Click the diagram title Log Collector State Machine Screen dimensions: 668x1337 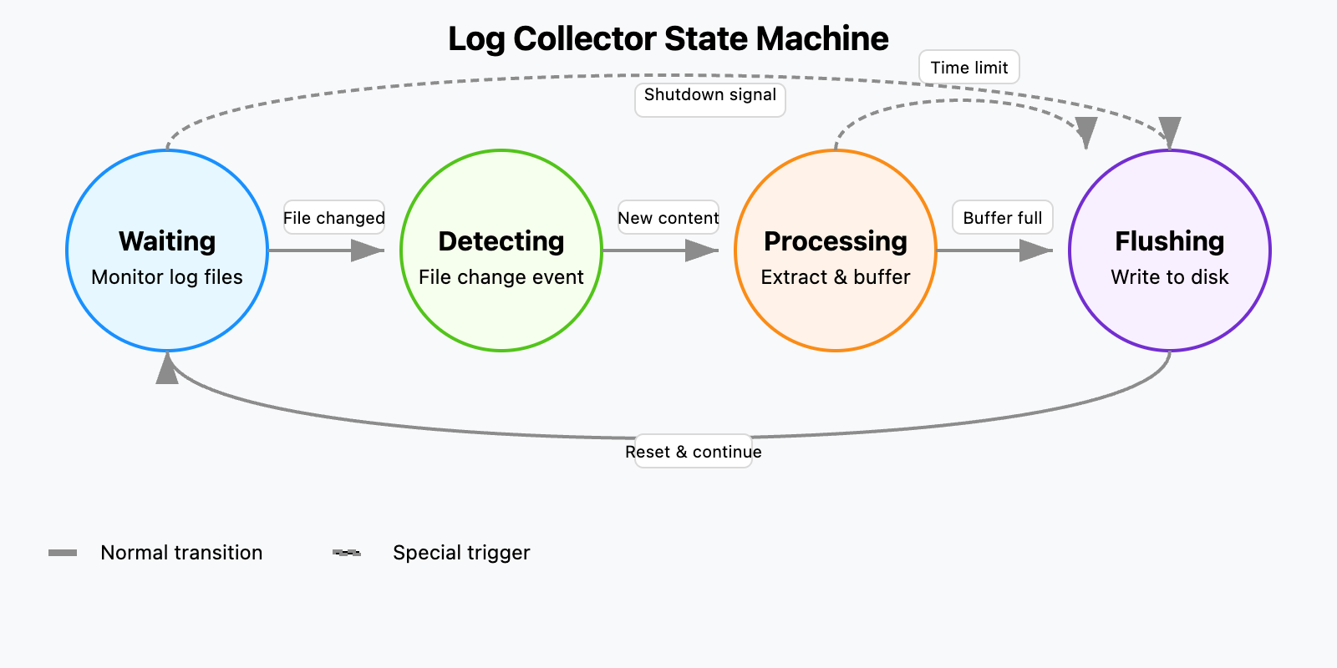click(668, 39)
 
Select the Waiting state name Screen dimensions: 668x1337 click(167, 241)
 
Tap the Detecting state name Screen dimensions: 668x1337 click(501, 241)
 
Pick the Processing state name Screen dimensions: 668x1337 click(836, 241)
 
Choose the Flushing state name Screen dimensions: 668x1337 click(1170, 241)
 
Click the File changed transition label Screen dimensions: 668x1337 click(334, 218)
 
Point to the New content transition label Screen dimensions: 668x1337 click(668, 218)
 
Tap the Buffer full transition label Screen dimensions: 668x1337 click(1003, 218)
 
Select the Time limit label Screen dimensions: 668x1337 click(969, 68)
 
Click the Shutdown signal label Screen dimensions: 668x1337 click(710, 95)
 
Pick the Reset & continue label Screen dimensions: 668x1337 click(694, 452)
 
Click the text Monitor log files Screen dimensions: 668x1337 click(167, 277)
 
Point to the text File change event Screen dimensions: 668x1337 click(501, 277)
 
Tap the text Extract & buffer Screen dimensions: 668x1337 click(836, 277)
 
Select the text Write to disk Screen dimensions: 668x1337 click(1170, 277)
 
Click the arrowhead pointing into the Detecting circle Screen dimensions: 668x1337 click(369, 250)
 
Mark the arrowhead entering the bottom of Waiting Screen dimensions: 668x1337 click(167, 369)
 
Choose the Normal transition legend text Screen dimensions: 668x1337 click(181, 553)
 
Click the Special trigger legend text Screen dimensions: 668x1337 click(461, 553)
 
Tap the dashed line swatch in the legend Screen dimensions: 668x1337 click(347, 553)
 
